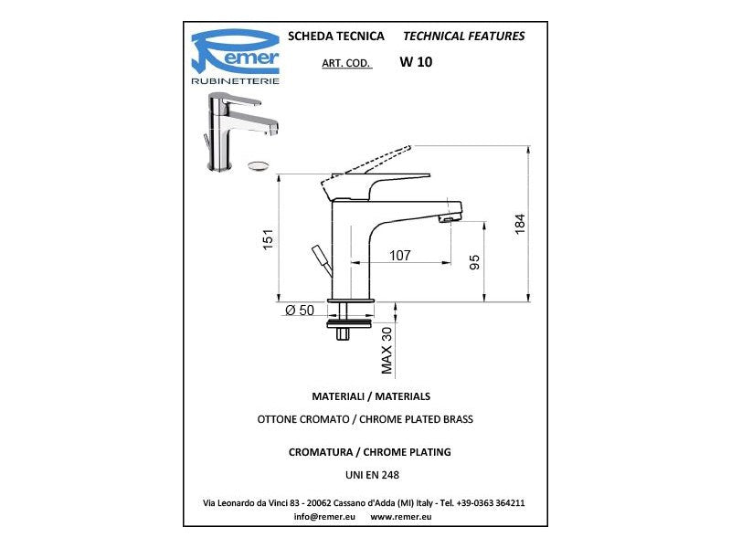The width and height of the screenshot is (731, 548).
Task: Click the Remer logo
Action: [x=236, y=57]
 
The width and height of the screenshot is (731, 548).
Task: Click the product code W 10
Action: [x=416, y=62]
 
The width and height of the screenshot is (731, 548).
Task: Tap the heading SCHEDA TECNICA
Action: [x=336, y=37]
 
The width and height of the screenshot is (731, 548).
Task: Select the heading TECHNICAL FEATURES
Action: [x=464, y=37]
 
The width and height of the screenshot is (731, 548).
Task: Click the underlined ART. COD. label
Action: [x=346, y=63]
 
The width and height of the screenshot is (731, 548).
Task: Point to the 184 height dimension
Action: [x=520, y=224]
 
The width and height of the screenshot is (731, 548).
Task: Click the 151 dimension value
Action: [x=269, y=239]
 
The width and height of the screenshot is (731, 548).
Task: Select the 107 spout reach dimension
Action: [x=400, y=256]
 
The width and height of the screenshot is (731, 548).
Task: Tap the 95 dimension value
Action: [x=474, y=262]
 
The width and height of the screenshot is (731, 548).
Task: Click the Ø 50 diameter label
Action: [x=300, y=310]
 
